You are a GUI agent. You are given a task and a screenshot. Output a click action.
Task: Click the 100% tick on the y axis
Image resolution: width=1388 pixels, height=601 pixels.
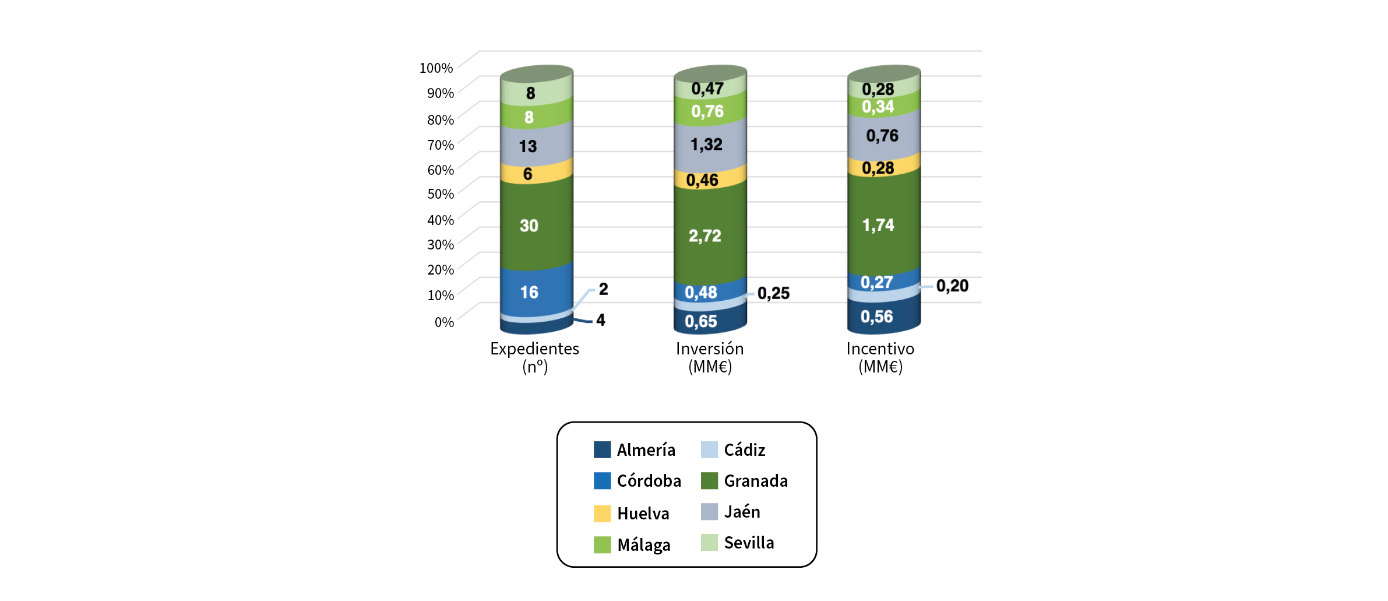coord(436,68)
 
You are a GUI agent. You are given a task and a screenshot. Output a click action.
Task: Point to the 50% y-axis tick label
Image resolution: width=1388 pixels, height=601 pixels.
coord(440,194)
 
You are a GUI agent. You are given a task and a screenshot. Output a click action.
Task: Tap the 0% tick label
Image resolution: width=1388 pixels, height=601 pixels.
coord(444,322)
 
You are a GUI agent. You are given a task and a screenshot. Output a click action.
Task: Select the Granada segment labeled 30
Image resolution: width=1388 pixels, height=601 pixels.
coord(529,226)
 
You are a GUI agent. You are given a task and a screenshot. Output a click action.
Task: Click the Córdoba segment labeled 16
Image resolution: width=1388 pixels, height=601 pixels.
coord(529,292)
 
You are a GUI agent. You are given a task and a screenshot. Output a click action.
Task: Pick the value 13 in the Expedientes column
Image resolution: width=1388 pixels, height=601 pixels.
coord(528,146)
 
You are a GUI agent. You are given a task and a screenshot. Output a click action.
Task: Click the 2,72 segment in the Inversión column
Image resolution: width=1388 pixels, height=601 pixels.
coord(705,236)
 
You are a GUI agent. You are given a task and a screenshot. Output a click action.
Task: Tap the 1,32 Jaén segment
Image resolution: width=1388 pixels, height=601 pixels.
coord(706,145)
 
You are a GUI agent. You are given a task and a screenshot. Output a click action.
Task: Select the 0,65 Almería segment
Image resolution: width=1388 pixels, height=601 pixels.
coord(701,322)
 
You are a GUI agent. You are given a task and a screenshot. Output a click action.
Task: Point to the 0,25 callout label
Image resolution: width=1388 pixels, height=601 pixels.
coord(773,293)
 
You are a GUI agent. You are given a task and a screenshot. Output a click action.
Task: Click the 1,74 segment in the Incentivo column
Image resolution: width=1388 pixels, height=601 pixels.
coord(878,225)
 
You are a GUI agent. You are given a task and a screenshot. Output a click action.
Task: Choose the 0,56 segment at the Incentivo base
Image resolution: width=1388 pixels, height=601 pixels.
coord(877,317)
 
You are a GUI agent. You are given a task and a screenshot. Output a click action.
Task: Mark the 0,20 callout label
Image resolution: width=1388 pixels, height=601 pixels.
coord(952,286)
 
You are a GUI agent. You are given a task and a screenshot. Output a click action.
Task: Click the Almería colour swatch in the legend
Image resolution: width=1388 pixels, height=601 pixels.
coord(602,450)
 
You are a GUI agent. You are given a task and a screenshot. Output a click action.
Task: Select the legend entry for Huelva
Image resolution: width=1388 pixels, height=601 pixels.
coord(643,514)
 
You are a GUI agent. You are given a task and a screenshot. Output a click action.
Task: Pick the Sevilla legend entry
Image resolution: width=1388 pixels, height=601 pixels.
coord(749,543)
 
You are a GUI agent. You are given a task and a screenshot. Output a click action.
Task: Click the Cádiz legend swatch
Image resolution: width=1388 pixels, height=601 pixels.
coord(709,450)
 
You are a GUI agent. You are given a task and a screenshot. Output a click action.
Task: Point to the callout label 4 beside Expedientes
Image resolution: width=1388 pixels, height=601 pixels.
coord(601,320)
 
